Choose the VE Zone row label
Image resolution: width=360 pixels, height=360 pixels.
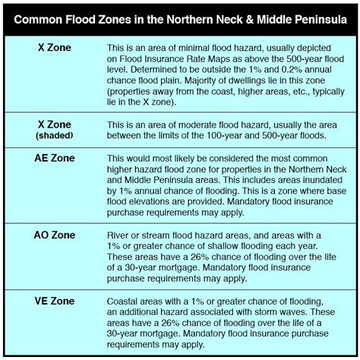click(55, 301)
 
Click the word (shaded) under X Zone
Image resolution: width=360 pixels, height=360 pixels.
click(55, 136)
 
